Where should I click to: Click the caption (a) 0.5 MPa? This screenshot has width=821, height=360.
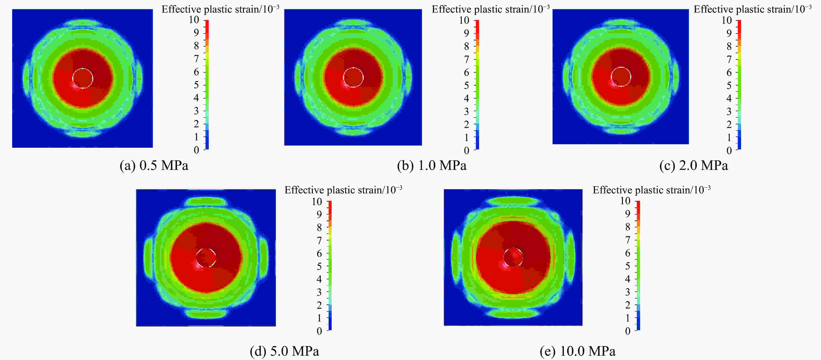(x=154, y=166)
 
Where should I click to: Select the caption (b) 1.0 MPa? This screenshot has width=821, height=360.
(x=432, y=166)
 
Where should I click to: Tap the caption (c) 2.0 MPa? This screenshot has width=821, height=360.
(x=694, y=166)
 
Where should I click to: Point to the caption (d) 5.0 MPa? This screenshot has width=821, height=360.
(x=284, y=351)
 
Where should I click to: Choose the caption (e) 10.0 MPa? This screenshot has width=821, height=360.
(x=578, y=351)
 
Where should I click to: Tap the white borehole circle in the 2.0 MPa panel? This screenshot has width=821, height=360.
(x=621, y=76)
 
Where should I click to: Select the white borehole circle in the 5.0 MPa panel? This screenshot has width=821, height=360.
(x=206, y=258)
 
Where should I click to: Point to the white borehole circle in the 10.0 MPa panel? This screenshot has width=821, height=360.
(x=513, y=257)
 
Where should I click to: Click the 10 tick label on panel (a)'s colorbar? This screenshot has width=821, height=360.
(x=194, y=20)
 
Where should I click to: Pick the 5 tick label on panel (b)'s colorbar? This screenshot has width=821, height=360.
(x=466, y=85)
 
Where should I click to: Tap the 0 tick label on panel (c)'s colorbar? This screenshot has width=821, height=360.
(x=729, y=151)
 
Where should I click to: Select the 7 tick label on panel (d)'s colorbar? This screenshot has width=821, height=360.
(x=319, y=241)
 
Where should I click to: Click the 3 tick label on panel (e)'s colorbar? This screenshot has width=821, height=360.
(x=627, y=292)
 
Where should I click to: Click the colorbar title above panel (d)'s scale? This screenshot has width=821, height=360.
(x=343, y=190)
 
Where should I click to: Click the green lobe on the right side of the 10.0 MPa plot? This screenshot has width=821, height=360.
(x=570, y=257)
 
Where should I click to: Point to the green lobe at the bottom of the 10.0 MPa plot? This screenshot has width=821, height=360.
(x=513, y=314)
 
